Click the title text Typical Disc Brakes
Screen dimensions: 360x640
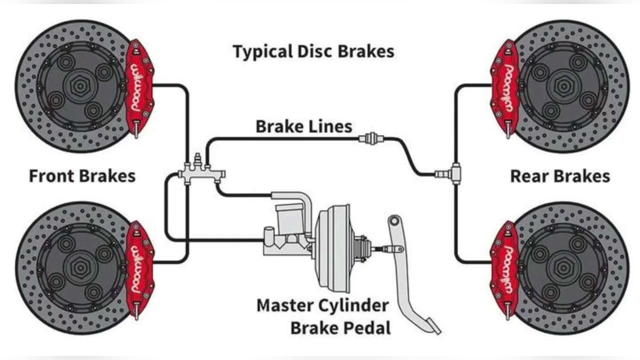pyautogui.click(x=313, y=51)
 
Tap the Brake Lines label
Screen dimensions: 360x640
pyautogui.click(x=303, y=126)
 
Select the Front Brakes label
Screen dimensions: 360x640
pyautogui.click(x=82, y=176)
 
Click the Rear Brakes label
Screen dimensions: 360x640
pyautogui.click(x=559, y=176)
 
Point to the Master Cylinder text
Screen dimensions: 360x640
pyautogui.click(x=322, y=305)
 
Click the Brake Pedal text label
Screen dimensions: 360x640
pyautogui.click(x=340, y=328)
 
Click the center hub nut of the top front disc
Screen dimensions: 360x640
pyautogui.click(x=79, y=86)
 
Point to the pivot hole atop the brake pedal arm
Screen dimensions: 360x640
pyautogui.click(x=395, y=220)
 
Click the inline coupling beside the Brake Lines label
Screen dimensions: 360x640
pyautogui.click(x=370, y=138)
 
